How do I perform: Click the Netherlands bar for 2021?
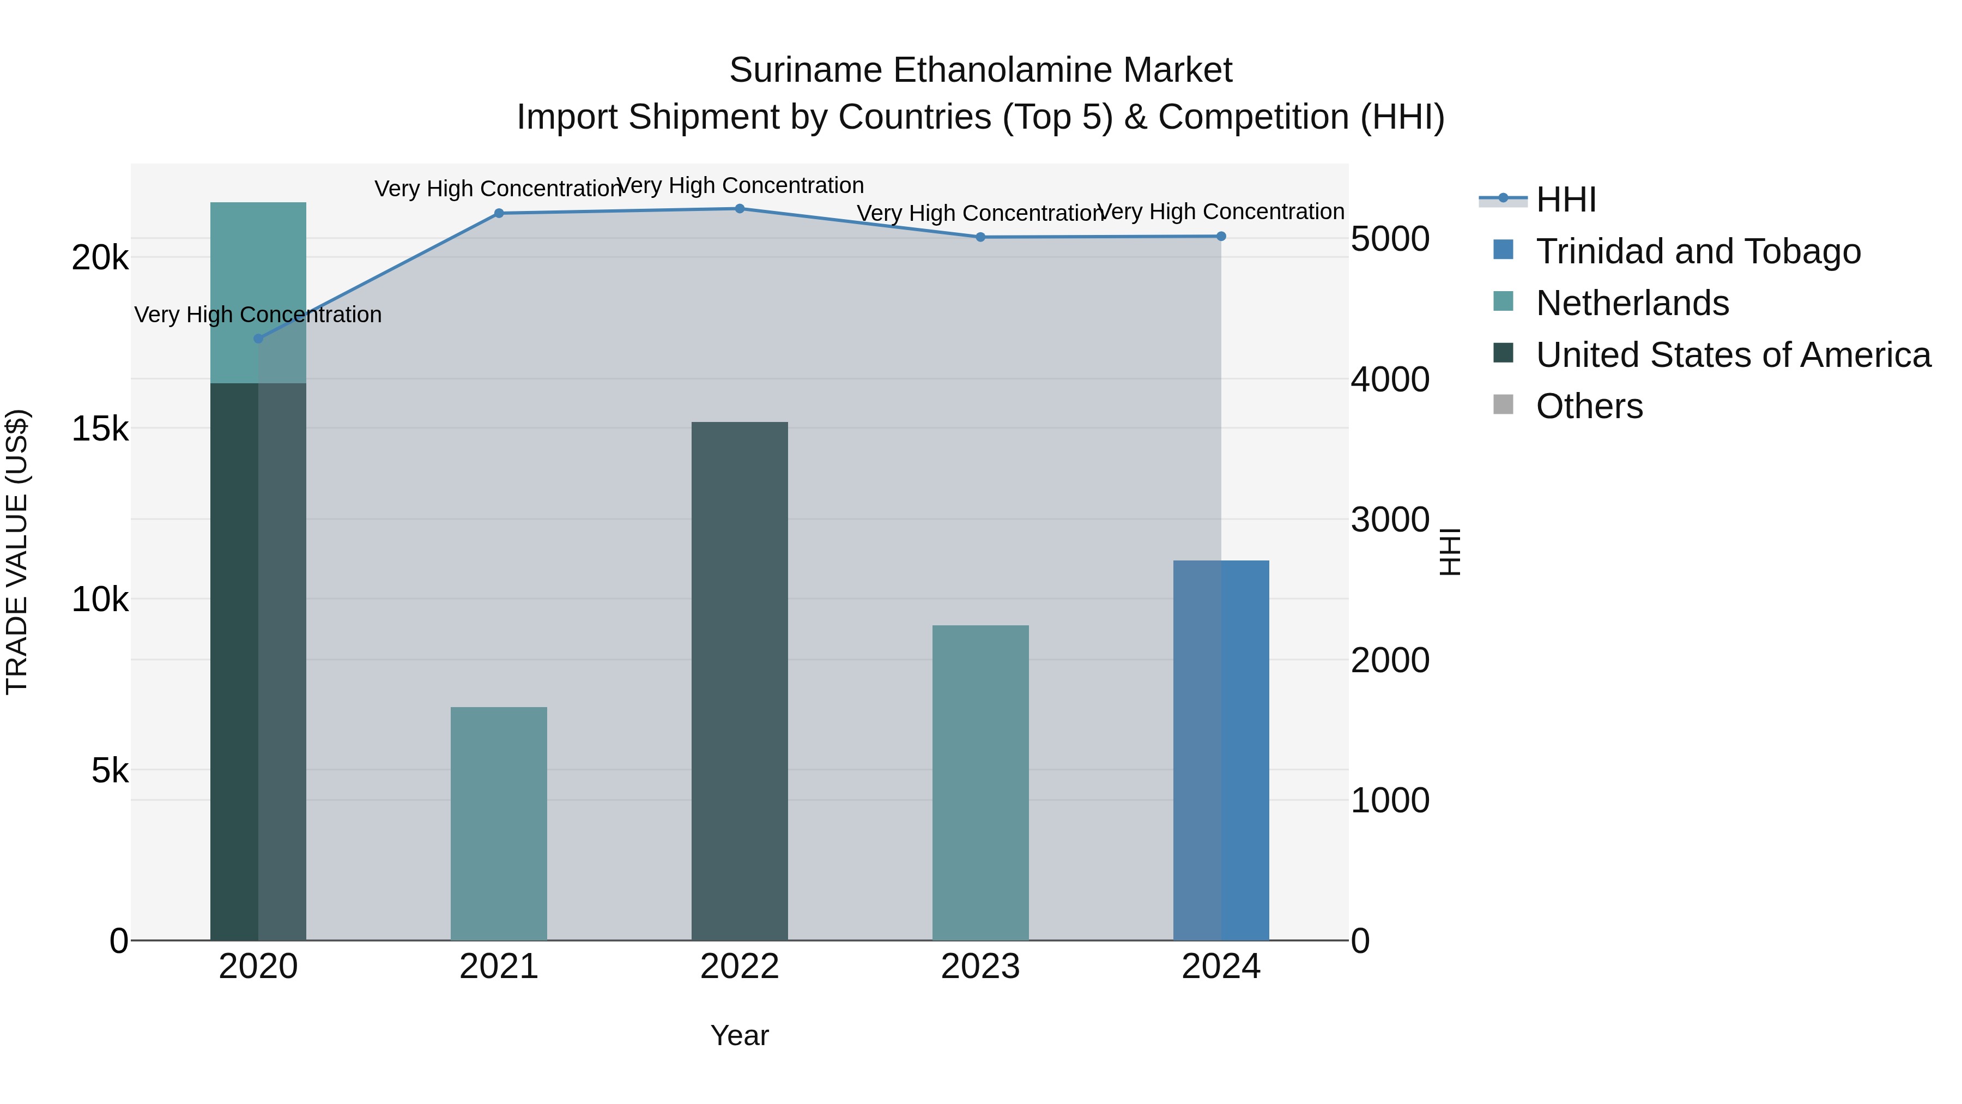[499, 823]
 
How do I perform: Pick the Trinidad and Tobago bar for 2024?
[1221, 751]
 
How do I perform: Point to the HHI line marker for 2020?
[258, 338]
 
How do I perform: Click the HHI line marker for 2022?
[740, 209]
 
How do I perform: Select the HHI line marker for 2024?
[1221, 236]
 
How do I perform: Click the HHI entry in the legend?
[1565, 200]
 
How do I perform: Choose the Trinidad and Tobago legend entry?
[1698, 251]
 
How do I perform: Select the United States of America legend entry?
[1733, 355]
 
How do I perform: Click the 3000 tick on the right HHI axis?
[1390, 521]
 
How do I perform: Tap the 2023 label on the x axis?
[980, 967]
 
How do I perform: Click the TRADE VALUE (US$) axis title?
[17, 552]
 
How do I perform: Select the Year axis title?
[740, 1035]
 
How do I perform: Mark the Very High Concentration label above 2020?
[258, 314]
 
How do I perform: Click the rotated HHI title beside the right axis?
[1450, 552]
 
